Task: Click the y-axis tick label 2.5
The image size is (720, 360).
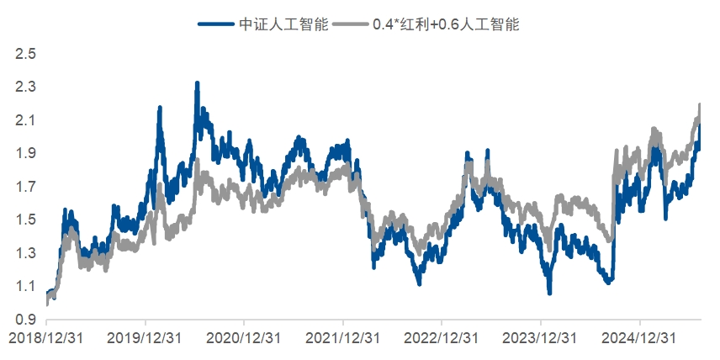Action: [x=25, y=55]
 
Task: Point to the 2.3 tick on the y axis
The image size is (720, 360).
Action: [x=25, y=87]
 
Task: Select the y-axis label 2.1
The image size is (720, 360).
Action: [x=25, y=121]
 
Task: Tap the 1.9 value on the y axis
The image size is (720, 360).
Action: [x=25, y=154]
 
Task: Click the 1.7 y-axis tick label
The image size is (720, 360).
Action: [x=25, y=187]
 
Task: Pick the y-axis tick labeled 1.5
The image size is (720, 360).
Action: [x=25, y=220]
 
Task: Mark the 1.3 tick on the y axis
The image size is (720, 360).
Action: [x=25, y=253]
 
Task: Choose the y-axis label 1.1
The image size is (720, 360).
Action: [x=25, y=287]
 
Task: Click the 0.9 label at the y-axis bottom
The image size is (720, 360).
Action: [x=25, y=320]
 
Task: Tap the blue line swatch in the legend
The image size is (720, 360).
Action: [x=215, y=24]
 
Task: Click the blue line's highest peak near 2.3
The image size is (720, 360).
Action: [x=197, y=84]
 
